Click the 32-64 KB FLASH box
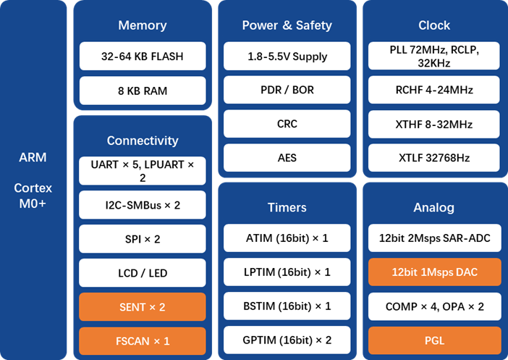[143, 56]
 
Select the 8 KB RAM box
[143, 91]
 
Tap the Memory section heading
[143, 25]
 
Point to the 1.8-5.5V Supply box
[287, 56]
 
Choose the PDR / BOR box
[287, 91]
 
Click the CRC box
[287, 124]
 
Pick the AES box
[287, 157]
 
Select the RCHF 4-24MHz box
[434, 91]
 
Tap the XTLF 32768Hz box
[434, 157]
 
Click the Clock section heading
[434, 25]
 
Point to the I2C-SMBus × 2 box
[143, 205]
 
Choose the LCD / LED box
[143, 273]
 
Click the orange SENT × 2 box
[143, 307]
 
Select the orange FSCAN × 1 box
[143, 340]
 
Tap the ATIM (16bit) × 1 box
[287, 238]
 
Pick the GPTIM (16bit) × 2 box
[287, 340]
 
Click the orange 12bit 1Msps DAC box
[434, 272]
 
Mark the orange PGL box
[434, 340]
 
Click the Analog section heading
[434, 208]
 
